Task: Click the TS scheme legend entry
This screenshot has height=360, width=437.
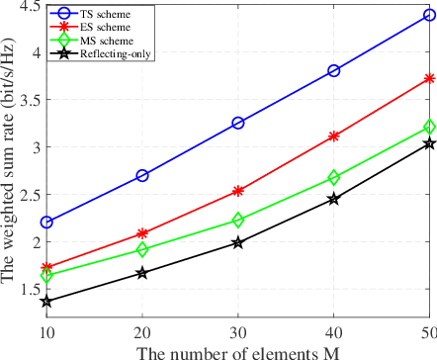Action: tap(103, 17)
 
